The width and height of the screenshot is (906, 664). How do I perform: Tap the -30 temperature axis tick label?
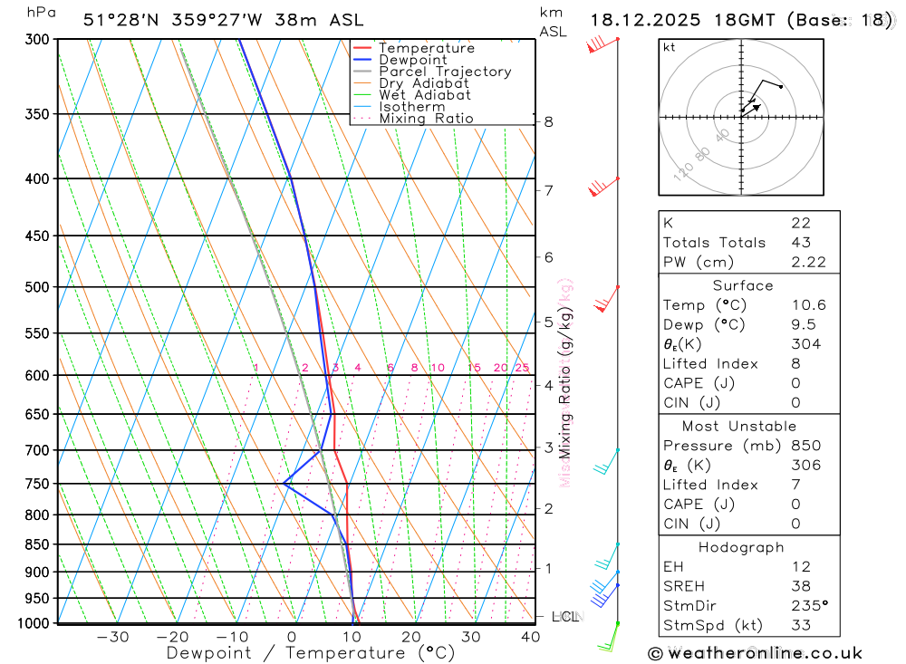(x=112, y=637)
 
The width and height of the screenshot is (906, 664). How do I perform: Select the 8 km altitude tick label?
(x=548, y=121)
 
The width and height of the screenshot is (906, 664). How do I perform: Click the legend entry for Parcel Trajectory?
(x=445, y=72)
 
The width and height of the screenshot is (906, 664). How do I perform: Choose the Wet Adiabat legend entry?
(x=425, y=95)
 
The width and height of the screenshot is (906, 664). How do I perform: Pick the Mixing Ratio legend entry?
(x=426, y=119)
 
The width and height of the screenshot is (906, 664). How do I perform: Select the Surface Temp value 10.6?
(x=808, y=305)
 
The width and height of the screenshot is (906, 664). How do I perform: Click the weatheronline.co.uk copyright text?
(x=755, y=653)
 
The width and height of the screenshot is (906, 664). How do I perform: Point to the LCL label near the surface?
(x=564, y=617)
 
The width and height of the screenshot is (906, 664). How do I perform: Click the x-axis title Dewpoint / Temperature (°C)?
(x=311, y=653)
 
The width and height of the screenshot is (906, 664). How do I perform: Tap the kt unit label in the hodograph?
(x=669, y=47)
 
